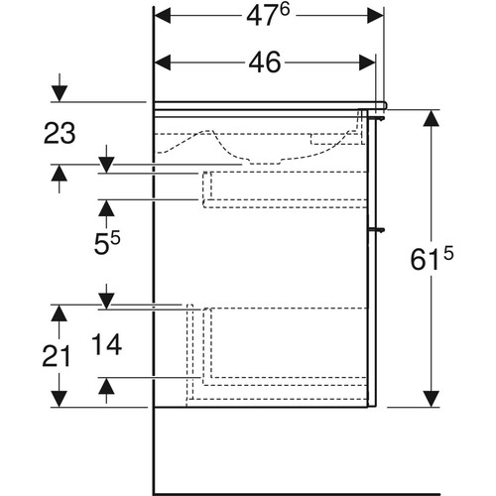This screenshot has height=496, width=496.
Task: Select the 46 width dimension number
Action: coord(265,62)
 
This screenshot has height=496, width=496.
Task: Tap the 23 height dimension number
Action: coord(60,133)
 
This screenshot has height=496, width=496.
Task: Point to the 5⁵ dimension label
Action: coord(107,243)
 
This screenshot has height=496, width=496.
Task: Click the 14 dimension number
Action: coord(106,344)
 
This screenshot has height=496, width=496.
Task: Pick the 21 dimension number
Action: coord(57,356)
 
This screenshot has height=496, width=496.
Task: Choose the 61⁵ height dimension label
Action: coord(432,259)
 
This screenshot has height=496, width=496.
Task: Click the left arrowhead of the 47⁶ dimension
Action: coord(163,16)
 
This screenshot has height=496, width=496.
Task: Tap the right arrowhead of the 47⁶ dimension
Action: coord(375,16)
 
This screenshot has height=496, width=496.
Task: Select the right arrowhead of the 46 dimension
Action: coord(367,62)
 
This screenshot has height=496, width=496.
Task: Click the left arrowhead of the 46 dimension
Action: coord(163,62)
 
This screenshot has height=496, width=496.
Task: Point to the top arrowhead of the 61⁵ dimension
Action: coord(432,118)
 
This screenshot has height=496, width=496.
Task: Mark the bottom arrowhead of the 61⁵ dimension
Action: coord(432,399)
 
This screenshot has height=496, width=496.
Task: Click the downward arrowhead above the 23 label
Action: coord(60,93)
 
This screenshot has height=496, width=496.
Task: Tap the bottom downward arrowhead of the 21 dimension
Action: coord(60,399)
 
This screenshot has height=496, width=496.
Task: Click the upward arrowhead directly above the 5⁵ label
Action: coord(106,208)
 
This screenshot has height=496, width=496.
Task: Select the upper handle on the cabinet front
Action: coord(377,118)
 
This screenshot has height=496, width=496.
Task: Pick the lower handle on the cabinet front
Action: coord(377,229)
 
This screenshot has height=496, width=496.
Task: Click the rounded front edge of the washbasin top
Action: coord(384,105)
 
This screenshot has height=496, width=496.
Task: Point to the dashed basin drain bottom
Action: coord(266,162)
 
